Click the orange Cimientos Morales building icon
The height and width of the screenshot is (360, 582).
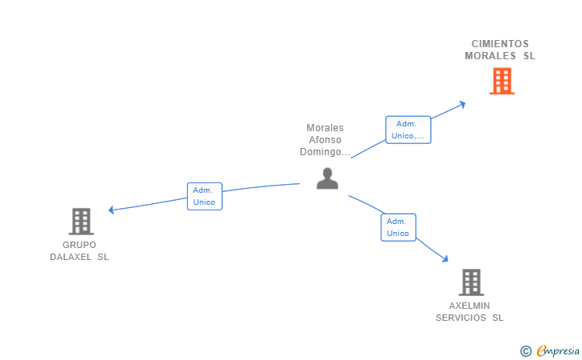click(x=501, y=81)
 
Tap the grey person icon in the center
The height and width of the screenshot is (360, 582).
click(x=327, y=178)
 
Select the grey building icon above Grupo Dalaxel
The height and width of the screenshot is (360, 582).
click(x=81, y=221)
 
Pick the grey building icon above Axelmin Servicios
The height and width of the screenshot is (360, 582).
click(x=471, y=282)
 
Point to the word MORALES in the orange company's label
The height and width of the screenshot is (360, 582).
click(x=491, y=56)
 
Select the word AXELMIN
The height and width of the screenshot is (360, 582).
click(x=469, y=306)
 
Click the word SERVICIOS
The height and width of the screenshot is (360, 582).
click(x=460, y=318)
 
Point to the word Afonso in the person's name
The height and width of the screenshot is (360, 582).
click(x=325, y=140)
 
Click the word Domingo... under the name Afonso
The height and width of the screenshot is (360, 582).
click(x=325, y=152)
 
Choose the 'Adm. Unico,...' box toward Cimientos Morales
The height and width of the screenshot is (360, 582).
click(x=408, y=130)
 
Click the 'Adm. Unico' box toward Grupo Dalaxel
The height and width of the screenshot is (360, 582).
click(x=205, y=196)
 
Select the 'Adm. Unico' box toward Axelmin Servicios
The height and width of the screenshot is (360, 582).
click(x=398, y=227)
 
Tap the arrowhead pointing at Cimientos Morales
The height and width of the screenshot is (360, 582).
click(x=462, y=103)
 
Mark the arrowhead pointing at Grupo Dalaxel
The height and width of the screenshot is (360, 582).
click(x=112, y=210)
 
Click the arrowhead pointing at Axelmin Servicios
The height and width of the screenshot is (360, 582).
click(x=444, y=258)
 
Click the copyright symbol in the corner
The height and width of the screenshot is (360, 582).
click(x=525, y=350)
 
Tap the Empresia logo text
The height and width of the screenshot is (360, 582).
click(x=558, y=350)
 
